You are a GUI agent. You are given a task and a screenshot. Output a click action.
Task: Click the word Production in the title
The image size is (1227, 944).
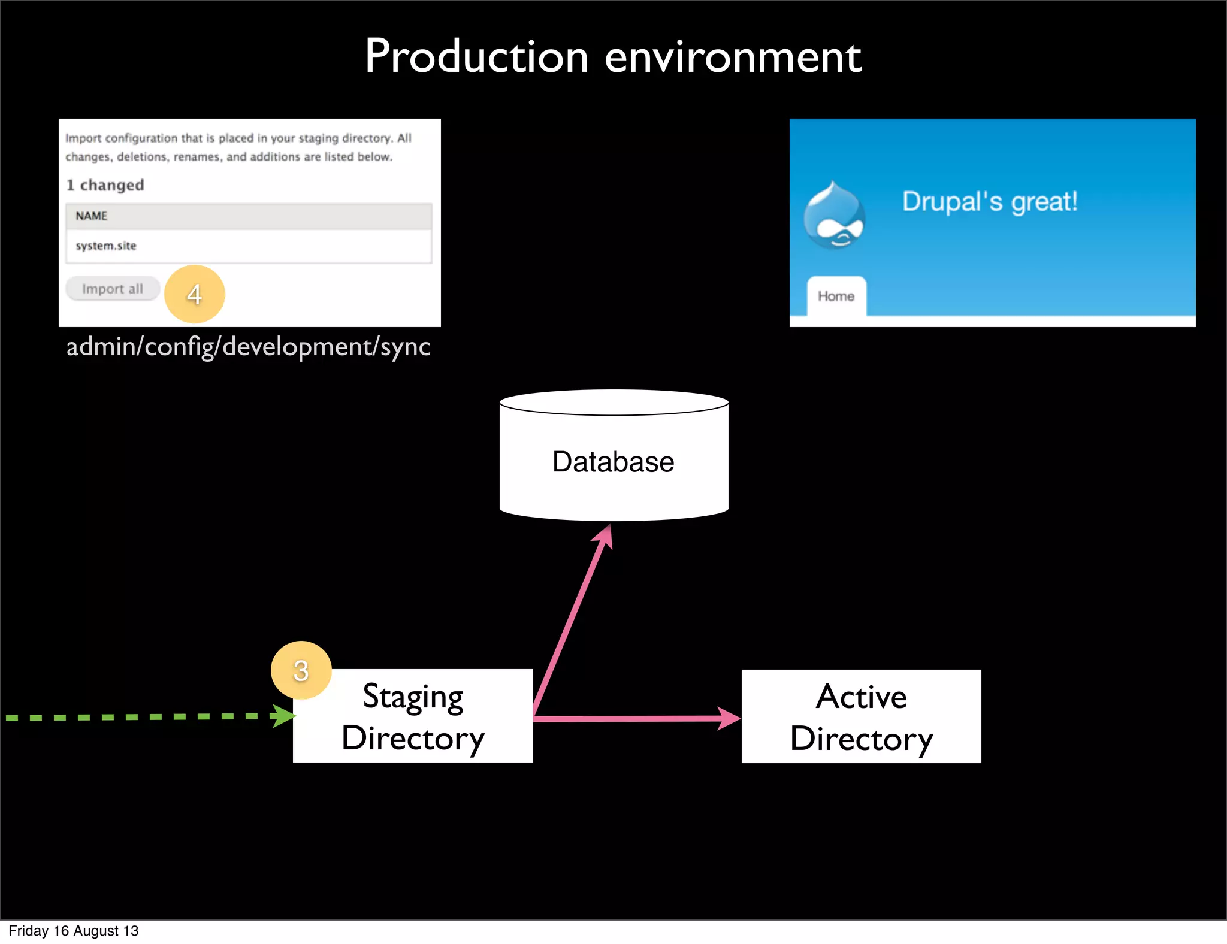tap(477, 57)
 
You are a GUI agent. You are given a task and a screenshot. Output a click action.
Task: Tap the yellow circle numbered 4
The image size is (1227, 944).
tap(194, 294)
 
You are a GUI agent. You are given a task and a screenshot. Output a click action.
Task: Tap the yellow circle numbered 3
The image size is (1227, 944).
tap(301, 670)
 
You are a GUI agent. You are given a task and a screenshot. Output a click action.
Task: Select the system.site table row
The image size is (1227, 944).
tap(248, 246)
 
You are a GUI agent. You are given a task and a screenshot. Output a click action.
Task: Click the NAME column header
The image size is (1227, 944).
tap(92, 216)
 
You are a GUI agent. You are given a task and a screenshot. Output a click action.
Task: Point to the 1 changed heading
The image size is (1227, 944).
tap(105, 185)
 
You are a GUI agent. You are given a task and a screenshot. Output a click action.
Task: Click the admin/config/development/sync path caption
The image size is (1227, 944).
tap(248, 347)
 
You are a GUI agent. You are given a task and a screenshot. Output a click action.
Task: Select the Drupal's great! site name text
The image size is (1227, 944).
tap(990, 202)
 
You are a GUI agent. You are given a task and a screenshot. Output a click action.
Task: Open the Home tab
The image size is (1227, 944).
tap(836, 296)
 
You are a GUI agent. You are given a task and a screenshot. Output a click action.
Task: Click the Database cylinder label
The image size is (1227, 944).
tap(613, 462)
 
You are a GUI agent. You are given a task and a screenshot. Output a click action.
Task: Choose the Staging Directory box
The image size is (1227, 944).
tap(413, 716)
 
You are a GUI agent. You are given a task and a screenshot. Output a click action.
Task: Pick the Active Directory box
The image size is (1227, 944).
tap(861, 716)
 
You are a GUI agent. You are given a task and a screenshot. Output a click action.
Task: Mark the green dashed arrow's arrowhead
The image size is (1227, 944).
tap(284, 716)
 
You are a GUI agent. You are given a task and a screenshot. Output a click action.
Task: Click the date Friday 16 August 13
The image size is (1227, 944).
tap(73, 931)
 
